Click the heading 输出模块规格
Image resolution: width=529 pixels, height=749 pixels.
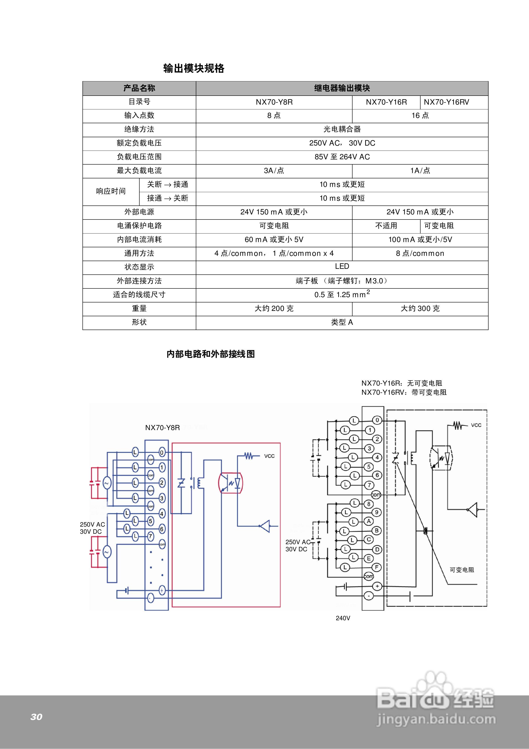pos(194,68)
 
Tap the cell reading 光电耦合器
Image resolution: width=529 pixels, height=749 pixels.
pos(342,129)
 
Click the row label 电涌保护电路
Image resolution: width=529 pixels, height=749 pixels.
pos(139,226)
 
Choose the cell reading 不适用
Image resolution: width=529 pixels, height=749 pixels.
pos(386,226)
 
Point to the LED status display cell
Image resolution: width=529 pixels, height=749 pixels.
pos(342,266)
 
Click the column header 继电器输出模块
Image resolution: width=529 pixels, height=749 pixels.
pos(342,88)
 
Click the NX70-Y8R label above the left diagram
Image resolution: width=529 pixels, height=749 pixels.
pos(162,428)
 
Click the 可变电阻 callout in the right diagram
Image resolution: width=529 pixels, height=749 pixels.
pos(461,570)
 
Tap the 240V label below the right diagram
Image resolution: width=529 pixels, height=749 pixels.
pos(343,618)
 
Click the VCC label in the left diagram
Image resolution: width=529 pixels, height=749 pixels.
pos(269,456)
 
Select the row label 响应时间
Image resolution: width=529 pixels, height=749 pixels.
pos(111,191)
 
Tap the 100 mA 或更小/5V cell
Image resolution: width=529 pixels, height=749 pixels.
pos(420,240)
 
